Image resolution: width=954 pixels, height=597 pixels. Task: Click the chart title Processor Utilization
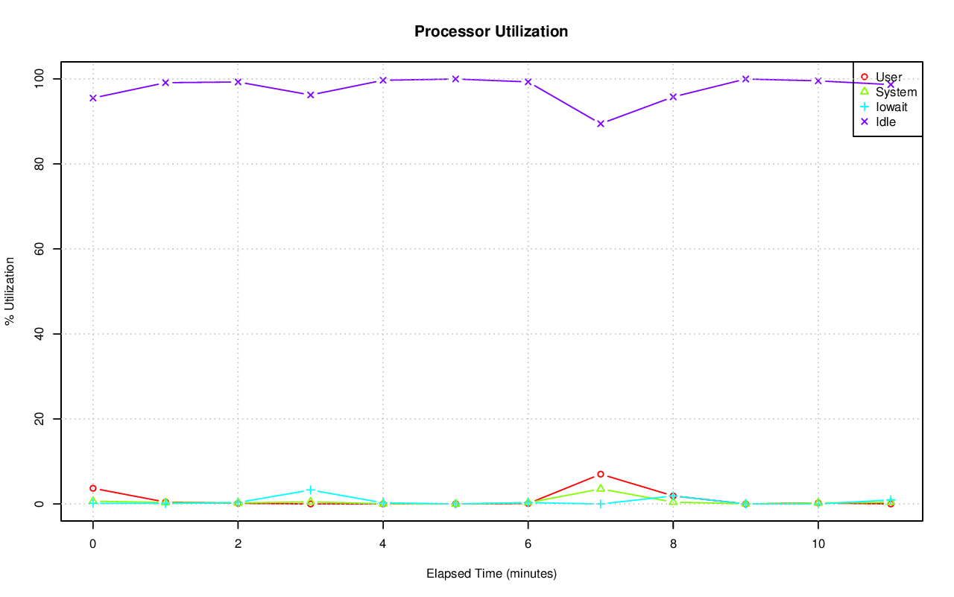click(491, 31)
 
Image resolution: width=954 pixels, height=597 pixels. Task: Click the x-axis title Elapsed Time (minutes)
click(491, 574)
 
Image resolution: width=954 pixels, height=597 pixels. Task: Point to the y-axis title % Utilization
click(10, 291)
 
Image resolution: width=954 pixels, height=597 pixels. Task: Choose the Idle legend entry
click(885, 121)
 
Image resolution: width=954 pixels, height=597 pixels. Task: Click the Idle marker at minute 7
click(601, 124)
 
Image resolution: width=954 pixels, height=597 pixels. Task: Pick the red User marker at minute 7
click(601, 474)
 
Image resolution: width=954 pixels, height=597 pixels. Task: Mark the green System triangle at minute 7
click(601, 488)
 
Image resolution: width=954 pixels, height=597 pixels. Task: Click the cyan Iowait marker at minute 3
click(311, 490)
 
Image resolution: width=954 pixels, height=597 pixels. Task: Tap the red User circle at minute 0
click(93, 488)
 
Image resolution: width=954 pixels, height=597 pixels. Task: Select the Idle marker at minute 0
click(93, 98)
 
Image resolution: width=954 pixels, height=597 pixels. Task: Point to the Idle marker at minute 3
click(311, 95)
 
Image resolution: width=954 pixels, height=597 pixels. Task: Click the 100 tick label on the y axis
click(39, 78)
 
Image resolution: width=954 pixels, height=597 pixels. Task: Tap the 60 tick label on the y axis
click(39, 248)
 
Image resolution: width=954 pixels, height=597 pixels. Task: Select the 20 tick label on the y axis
click(39, 419)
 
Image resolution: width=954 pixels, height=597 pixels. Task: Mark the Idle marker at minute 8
click(673, 97)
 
